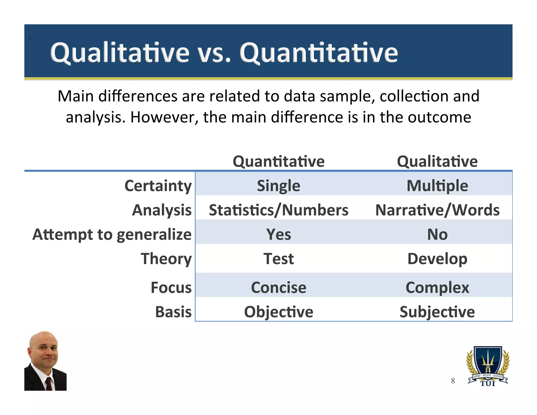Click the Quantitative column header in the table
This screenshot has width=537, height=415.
click(x=278, y=161)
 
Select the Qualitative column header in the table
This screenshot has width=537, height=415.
click(x=437, y=161)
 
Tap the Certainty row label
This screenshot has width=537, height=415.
click(x=158, y=186)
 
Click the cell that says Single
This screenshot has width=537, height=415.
click(x=278, y=186)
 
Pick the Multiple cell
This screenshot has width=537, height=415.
click(x=437, y=186)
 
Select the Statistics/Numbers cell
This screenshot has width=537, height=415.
click(x=278, y=210)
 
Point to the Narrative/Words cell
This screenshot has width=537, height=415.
click(x=437, y=210)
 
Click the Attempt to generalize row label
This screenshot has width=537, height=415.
click(x=112, y=234)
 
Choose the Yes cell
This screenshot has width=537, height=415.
click(x=278, y=234)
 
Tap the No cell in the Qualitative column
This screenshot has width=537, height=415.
click(x=437, y=234)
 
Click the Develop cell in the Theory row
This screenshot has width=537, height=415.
click(x=437, y=259)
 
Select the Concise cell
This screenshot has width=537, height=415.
click(x=278, y=288)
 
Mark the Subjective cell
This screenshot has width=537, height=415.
click(x=437, y=312)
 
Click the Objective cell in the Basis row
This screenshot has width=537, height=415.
click(x=278, y=312)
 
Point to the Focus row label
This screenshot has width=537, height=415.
click(x=171, y=288)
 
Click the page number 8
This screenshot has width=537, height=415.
click(x=453, y=381)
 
